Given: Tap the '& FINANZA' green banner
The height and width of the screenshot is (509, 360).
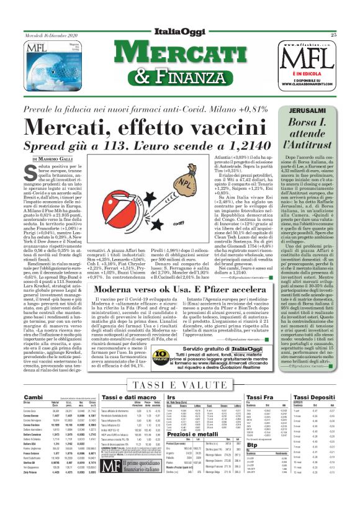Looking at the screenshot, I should click(179, 76).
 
